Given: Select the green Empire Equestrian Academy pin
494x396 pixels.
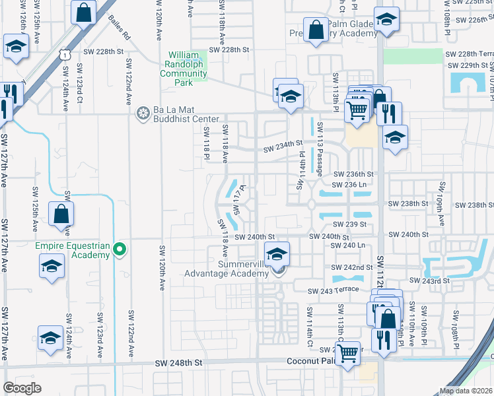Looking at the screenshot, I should click(x=120, y=249).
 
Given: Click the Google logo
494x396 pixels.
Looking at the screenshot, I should click(x=22, y=387).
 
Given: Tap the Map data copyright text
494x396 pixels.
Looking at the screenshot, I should click(x=466, y=391).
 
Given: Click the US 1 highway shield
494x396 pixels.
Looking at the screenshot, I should click(x=63, y=54).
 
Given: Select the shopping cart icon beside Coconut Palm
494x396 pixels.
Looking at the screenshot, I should click(x=347, y=353).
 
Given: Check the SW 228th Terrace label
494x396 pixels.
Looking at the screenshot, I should click(x=470, y=54).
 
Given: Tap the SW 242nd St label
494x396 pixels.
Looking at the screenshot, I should click(x=353, y=267).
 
